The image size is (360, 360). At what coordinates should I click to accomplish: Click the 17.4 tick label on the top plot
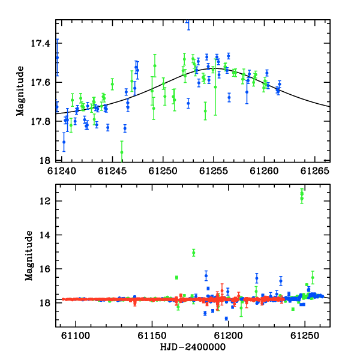[x=40, y=43]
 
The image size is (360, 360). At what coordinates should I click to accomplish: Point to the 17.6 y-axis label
[x=40, y=82]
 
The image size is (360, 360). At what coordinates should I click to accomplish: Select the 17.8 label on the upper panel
[x=40, y=121]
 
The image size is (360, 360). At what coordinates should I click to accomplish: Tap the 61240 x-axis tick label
[x=62, y=171]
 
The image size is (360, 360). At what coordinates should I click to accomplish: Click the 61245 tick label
[x=112, y=171]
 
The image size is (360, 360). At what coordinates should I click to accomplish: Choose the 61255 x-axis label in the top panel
[x=214, y=171]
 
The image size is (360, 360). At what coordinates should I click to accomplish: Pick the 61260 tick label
[x=264, y=171]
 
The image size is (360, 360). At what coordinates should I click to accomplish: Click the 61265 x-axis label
[x=315, y=171]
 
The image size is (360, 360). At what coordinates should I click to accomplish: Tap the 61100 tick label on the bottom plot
[x=76, y=335]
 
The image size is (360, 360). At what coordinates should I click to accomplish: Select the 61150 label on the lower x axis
[x=152, y=335]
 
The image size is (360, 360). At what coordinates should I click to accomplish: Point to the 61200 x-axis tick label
[x=228, y=335]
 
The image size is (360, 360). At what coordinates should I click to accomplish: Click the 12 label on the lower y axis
[x=45, y=201]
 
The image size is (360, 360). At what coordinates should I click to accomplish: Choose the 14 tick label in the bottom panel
[x=45, y=235]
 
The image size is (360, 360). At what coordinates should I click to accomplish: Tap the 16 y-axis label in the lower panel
[x=45, y=269]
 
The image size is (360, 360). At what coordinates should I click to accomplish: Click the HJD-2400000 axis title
[x=193, y=347]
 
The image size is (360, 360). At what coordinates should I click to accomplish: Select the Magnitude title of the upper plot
[x=20, y=91]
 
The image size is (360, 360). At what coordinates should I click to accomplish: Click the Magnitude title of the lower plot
[x=29, y=256]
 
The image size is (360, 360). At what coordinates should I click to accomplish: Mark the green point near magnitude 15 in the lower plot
[x=194, y=253]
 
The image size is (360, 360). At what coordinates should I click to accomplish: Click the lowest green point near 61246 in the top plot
[x=122, y=152]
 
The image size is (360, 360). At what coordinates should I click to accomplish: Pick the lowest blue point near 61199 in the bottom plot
[x=226, y=319]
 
